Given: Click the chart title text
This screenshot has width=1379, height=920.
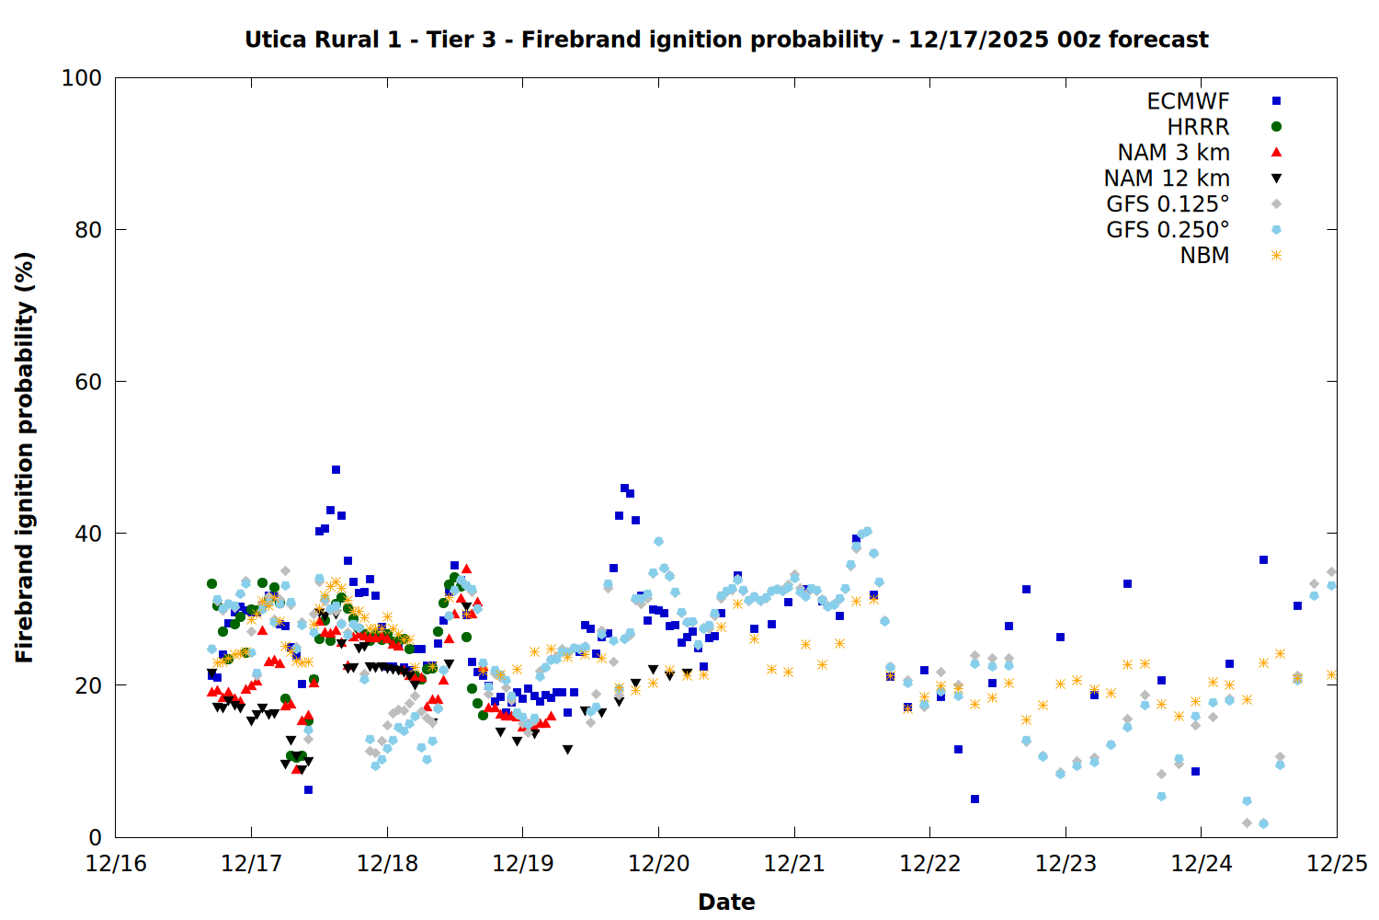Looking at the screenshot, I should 726,40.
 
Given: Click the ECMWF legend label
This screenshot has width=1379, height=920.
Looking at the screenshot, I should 1188,101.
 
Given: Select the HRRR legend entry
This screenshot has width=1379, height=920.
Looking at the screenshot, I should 1198,127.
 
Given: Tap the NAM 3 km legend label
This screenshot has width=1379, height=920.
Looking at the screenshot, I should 1173,153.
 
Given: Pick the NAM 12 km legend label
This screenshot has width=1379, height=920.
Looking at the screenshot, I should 1167,178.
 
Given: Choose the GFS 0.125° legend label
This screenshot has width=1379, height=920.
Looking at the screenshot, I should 1168,204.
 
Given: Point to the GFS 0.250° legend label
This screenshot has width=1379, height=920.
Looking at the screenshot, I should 1168,230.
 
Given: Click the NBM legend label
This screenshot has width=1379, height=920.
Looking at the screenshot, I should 1204,256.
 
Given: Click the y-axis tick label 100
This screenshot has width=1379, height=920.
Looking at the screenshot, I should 82,78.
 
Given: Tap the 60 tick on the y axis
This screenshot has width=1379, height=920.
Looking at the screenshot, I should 88,382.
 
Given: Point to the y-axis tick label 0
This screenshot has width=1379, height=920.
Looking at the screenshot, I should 95,837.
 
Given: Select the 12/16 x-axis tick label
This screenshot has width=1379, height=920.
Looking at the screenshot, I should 116,864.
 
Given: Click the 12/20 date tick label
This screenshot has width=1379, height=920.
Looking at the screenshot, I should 658,864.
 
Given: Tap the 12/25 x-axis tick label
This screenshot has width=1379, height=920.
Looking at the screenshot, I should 1337,864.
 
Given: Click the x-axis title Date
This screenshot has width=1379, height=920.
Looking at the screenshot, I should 726,902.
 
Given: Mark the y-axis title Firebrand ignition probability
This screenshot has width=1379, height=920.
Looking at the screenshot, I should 25,457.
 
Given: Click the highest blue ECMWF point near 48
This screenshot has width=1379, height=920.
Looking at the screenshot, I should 336,470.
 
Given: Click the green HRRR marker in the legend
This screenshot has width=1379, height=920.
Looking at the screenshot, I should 1276,127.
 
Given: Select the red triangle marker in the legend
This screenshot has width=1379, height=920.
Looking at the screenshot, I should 1276,153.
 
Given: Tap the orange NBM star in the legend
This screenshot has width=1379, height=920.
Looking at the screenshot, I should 1276,256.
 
